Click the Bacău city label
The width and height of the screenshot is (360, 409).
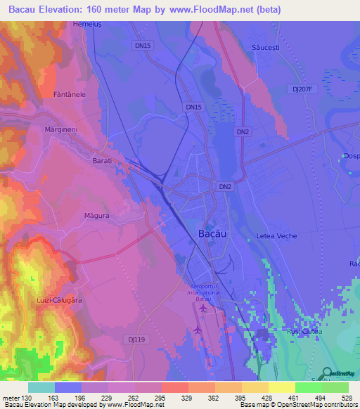(212, 233)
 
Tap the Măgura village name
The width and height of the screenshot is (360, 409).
(96, 216)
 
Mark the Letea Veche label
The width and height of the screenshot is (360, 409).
(277, 235)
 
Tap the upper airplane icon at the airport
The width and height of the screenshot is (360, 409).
(204, 308)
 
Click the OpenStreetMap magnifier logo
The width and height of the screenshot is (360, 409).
(326, 373)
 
